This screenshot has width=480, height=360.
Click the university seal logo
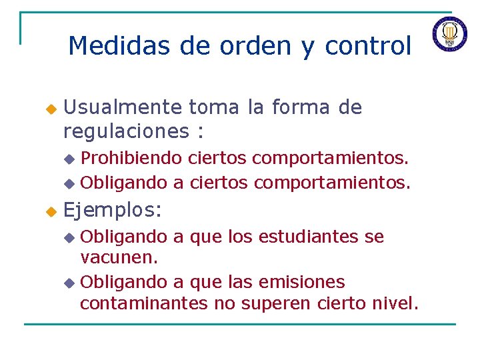449,33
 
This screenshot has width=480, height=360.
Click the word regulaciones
127,131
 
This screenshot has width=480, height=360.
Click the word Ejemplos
112,211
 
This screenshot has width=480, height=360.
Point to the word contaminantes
144,304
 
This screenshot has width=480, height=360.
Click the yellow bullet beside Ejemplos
49,212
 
